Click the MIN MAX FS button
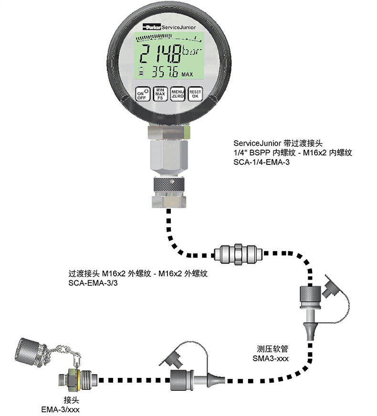pos(160,93)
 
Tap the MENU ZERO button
pos(178,93)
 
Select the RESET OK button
pos(195,93)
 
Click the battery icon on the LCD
pos(141,72)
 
